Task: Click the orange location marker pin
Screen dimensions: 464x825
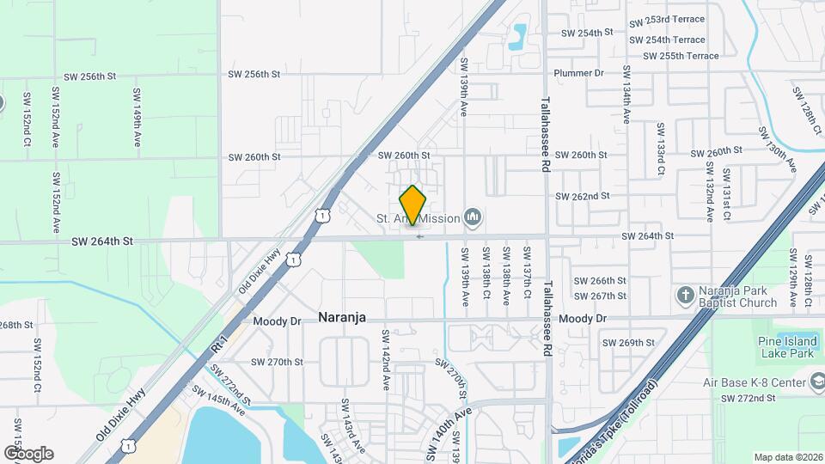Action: tap(412, 205)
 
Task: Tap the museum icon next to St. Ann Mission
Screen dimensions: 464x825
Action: tap(472, 218)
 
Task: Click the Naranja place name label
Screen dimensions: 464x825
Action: tap(342, 317)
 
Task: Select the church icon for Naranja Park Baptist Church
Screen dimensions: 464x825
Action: tap(685, 296)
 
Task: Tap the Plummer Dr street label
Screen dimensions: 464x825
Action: tap(580, 74)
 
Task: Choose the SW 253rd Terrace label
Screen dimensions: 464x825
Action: tap(666, 20)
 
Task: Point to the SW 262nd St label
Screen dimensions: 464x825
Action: tap(582, 196)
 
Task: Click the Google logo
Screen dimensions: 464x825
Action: tap(28, 453)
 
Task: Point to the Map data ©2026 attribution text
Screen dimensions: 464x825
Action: tap(788, 457)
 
